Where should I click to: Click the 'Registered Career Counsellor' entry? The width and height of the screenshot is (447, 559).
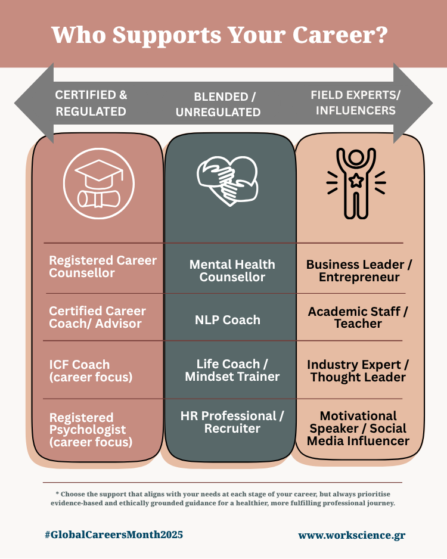[103, 267]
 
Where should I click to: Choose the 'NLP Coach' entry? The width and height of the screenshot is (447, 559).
[228, 320]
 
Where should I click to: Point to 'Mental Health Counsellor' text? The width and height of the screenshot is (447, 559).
[232, 271]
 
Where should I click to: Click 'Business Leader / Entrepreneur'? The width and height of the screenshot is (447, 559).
[359, 271]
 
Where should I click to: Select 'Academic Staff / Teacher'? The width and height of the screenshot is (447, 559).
[358, 318]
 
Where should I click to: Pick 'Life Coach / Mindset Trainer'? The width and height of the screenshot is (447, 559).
[232, 370]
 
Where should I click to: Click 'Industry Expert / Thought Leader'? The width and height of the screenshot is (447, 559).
[358, 371]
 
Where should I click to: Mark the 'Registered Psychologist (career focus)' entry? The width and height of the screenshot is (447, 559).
[91, 430]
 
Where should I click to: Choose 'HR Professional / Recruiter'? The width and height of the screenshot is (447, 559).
[232, 422]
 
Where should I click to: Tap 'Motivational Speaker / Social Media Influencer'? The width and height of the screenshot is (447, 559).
[359, 428]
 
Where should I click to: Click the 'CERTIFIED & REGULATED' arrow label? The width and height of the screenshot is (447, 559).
[91, 103]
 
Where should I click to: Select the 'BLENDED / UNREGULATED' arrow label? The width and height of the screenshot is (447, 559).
[227, 104]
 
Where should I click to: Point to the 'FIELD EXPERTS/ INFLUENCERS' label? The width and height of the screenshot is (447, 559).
[356, 103]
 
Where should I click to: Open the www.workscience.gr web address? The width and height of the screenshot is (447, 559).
[352, 535]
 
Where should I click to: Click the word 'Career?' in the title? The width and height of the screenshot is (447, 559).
[337, 35]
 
